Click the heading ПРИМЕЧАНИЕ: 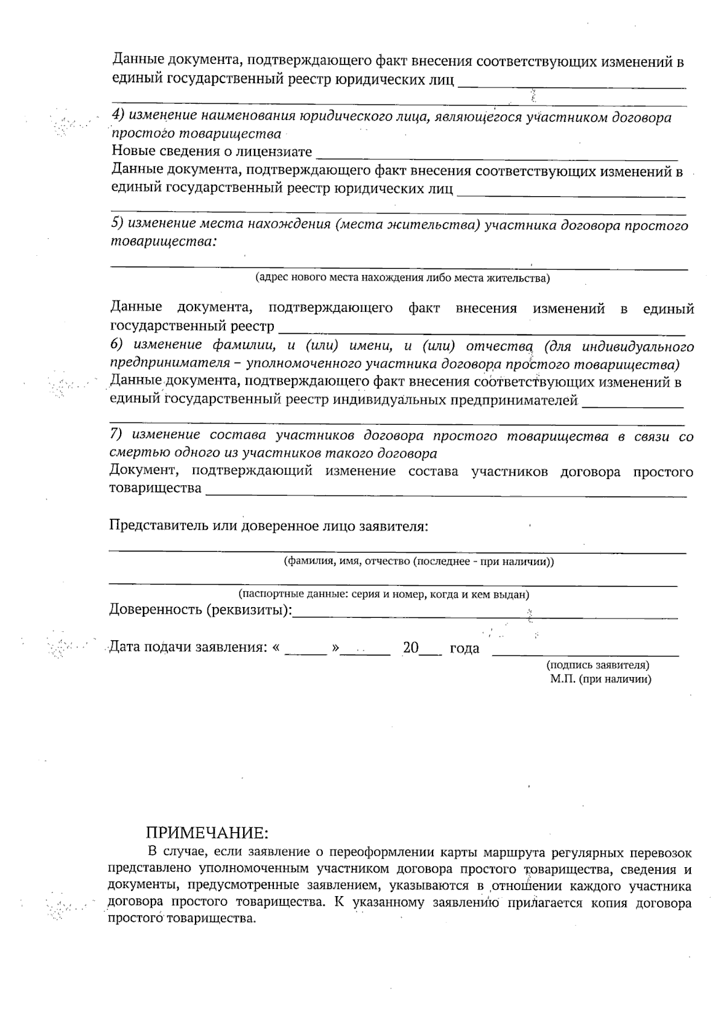point(206,833)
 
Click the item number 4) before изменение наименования point(118,116)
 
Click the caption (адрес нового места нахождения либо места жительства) point(402,278)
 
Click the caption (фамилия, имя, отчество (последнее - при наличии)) point(419,561)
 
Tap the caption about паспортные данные point(384,594)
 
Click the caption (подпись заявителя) point(597,665)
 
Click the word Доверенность point(155,609)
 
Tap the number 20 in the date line point(411,648)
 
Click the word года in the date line point(465,649)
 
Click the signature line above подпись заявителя point(585,654)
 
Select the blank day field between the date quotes point(305,653)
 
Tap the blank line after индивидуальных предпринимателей point(632,406)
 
